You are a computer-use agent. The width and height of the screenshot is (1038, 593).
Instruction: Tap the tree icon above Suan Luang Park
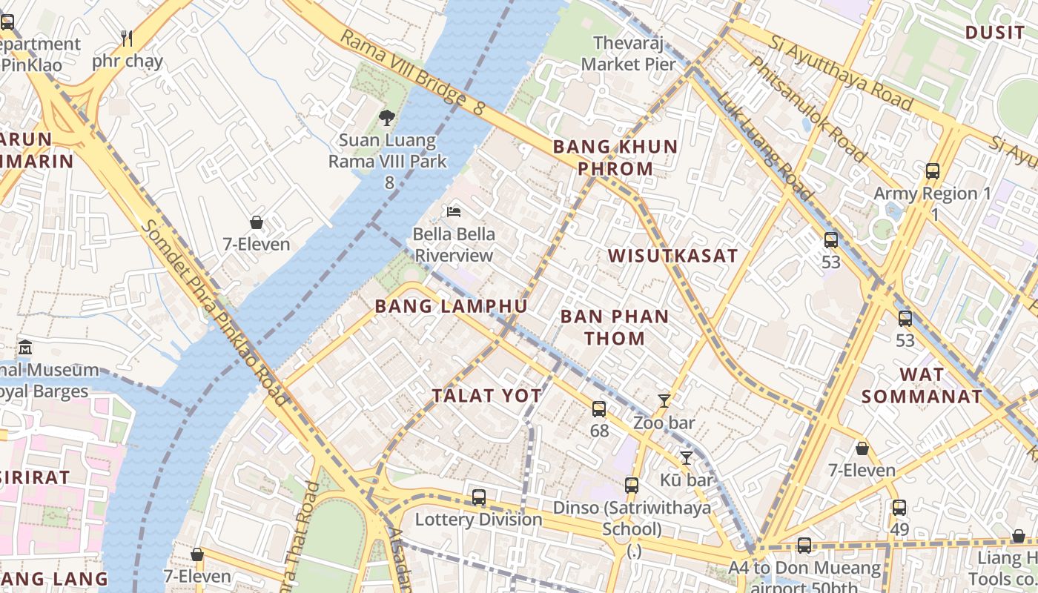pos(386,117)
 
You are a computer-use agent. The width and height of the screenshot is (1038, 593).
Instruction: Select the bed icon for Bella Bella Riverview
pos(454,212)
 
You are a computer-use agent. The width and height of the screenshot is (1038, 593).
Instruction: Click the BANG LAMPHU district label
pos(451,306)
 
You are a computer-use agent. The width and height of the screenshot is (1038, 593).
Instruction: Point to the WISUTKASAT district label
pos(672,256)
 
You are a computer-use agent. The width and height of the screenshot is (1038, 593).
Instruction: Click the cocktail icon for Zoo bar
pos(664,401)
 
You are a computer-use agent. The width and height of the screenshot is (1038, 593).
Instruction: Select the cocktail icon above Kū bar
pos(687,457)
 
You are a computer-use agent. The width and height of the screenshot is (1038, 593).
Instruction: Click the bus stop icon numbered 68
pos(599,408)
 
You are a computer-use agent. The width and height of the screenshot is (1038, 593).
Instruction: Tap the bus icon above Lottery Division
pos(479,497)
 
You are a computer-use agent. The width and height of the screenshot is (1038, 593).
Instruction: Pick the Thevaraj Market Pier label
pos(628,53)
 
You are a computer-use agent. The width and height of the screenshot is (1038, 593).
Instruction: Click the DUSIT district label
pos(994,33)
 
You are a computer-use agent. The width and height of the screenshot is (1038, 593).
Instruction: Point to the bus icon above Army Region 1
pos(933,171)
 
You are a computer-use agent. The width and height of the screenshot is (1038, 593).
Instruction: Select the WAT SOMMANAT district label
pos(922,385)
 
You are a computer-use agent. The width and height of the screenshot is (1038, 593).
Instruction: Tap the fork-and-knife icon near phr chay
pos(127,39)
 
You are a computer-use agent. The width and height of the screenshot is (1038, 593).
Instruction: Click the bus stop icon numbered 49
pos(899,508)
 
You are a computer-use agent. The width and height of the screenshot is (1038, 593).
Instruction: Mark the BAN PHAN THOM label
pos(614,327)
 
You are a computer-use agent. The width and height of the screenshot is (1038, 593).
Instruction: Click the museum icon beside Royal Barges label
pos(25,347)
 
